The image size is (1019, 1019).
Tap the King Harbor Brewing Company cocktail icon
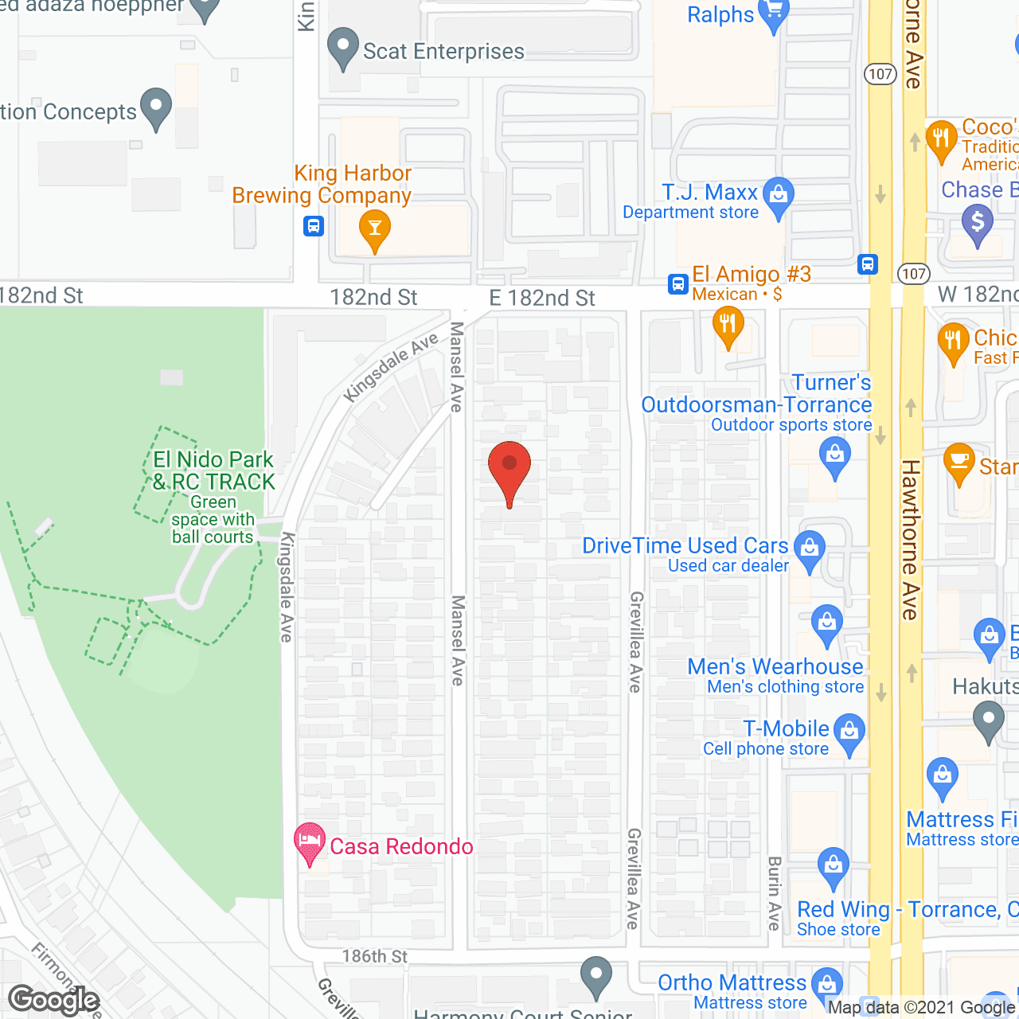(374, 231)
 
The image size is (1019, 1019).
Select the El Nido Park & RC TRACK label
(213, 471)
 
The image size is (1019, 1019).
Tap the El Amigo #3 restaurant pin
(728, 326)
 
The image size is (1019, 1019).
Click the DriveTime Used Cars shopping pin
(810, 550)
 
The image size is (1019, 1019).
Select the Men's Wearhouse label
(775, 667)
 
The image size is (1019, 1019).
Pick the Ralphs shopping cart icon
(773, 15)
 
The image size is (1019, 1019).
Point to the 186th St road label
(375, 956)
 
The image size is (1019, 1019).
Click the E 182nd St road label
(542, 299)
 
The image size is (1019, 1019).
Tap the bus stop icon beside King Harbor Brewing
(314, 226)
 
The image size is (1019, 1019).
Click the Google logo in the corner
(53, 1000)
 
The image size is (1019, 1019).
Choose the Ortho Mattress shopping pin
(827, 984)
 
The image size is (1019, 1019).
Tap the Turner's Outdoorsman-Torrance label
(756, 394)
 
